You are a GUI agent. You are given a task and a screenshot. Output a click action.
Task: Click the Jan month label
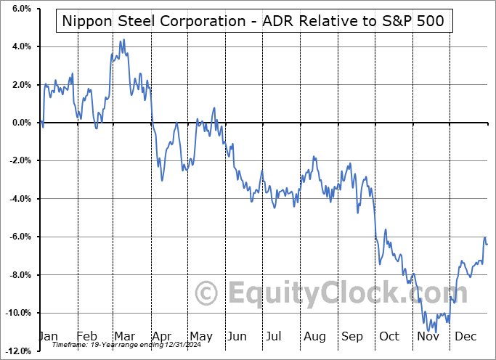pyautogui.click(x=49, y=336)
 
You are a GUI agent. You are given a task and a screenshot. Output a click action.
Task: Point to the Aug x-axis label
pyautogui.click(x=314, y=336)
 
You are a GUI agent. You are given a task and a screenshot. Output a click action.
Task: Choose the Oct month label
pyautogui.click(x=389, y=336)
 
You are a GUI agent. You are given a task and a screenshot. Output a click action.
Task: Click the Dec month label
pyautogui.click(x=465, y=336)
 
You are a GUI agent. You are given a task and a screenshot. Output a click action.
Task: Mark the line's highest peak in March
pyautogui.click(x=123, y=40)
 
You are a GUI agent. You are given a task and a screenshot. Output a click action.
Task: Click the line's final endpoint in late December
pyautogui.click(x=487, y=244)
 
